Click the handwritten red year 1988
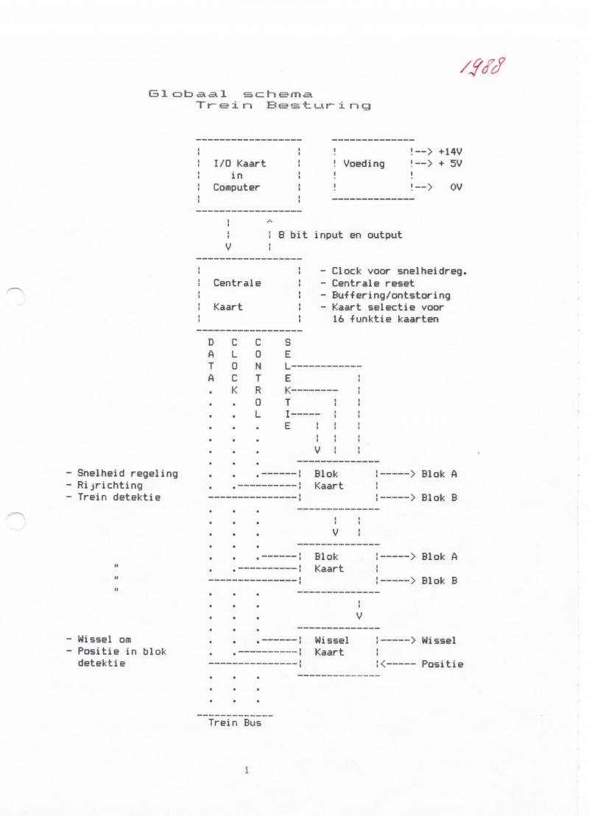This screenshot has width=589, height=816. click(x=482, y=67)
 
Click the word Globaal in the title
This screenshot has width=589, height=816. click(x=188, y=94)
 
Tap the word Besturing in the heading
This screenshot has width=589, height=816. click(x=319, y=106)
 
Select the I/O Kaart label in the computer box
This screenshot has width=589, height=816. click(x=239, y=163)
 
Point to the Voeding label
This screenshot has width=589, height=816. click(x=364, y=163)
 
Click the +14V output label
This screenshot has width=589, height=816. click(x=450, y=152)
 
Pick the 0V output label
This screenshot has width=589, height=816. click(x=456, y=188)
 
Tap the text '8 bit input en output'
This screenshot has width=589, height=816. click(x=340, y=235)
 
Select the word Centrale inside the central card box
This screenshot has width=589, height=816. click(x=237, y=283)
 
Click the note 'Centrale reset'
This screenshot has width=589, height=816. click(x=373, y=283)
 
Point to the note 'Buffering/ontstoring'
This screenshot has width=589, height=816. click(x=391, y=295)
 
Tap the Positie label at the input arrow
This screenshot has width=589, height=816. click(x=442, y=664)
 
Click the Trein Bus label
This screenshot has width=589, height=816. click(x=235, y=723)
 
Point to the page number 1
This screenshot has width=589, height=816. click(x=247, y=770)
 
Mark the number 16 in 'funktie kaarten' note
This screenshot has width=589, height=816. click(x=338, y=319)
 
